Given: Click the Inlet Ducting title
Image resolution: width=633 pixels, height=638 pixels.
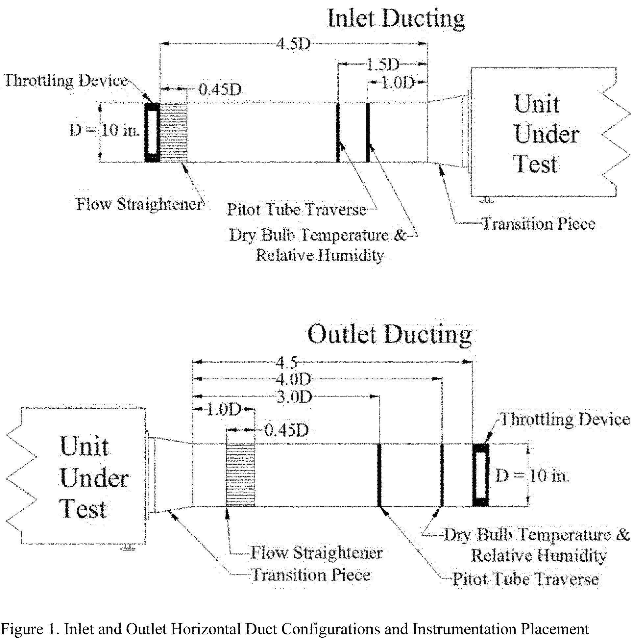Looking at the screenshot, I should click(396, 19).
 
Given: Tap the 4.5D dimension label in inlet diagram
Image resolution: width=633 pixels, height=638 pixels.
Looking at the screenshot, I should click(293, 43).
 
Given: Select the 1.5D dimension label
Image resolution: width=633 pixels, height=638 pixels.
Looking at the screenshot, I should click(382, 65).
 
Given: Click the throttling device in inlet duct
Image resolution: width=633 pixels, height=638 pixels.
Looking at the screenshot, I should click(152, 132).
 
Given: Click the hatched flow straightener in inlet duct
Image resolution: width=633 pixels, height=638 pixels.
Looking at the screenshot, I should click(173, 132).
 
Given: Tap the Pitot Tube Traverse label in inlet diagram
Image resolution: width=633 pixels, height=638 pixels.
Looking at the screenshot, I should click(297, 210).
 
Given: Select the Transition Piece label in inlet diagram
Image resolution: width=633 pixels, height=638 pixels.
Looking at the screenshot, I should click(539, 223).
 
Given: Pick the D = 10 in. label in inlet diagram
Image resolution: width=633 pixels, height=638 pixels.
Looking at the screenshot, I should click(104, 130).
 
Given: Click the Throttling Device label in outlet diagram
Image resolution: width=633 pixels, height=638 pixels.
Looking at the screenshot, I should click(565, 420).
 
